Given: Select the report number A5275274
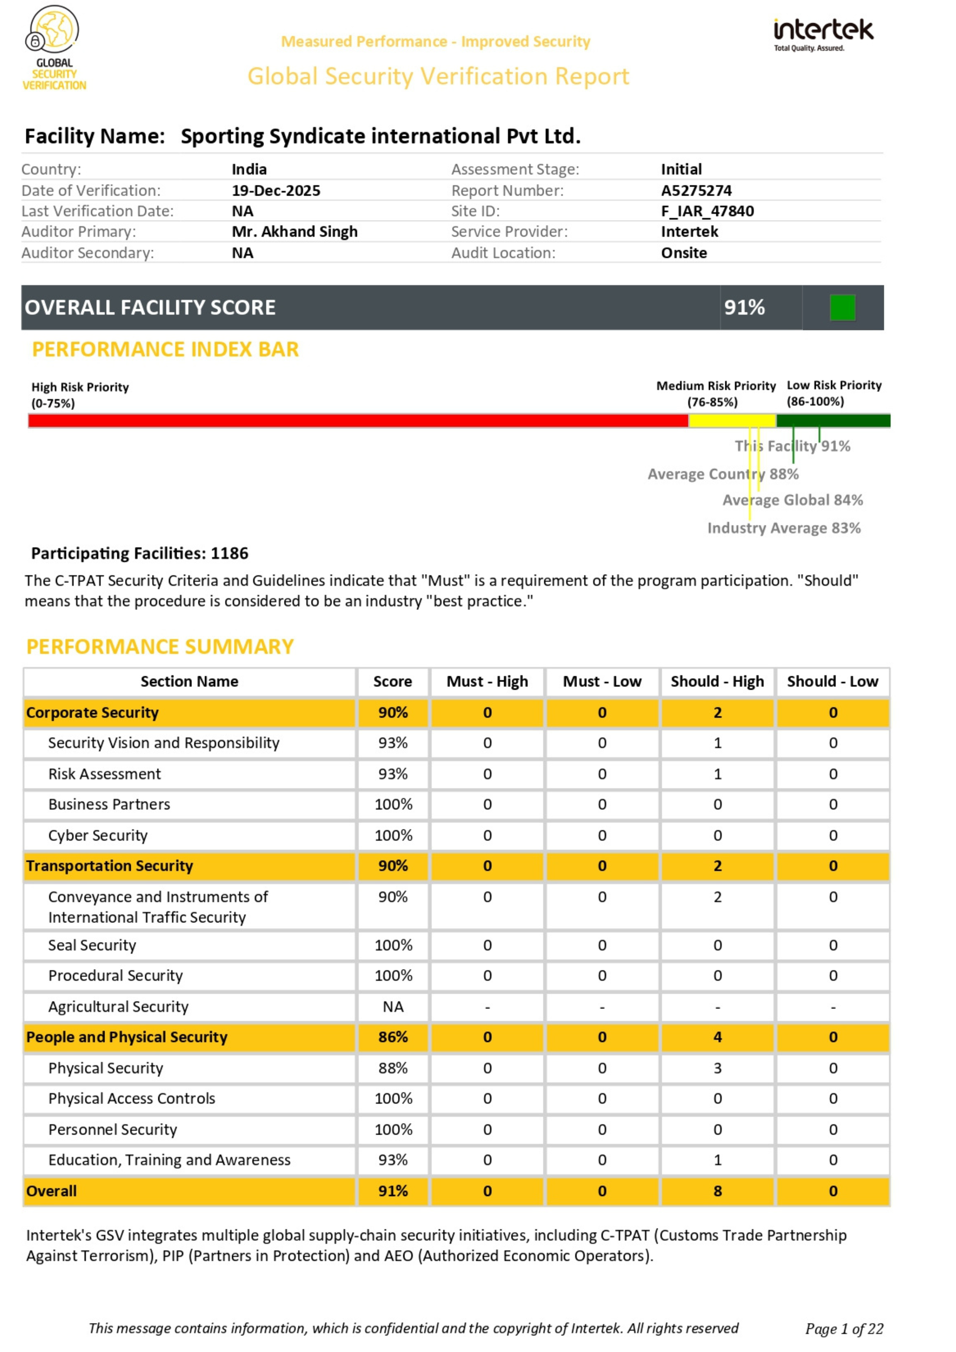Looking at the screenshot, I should tap(696, 191).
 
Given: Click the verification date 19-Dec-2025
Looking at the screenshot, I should tap(276, 191).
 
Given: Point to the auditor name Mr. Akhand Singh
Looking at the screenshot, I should tap(294, 232).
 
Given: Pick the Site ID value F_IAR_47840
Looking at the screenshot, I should tap(707, 212).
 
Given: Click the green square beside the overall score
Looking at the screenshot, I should tap(843, 307).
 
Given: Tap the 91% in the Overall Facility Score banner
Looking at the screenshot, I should tap(744, 307).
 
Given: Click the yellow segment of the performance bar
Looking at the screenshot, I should tap(732, 420).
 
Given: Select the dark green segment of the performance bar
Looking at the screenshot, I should tap(833, 420).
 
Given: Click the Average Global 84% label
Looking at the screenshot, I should tap(792, 500).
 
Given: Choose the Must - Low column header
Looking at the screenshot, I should tap(602, 681).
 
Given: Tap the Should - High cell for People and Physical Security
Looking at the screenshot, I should tap(717, 1037).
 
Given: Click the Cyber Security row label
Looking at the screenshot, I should tap(98, 836).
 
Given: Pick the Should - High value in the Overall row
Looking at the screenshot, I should tap(717, 1191).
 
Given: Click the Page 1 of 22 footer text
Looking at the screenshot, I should tap(844, 1329).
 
